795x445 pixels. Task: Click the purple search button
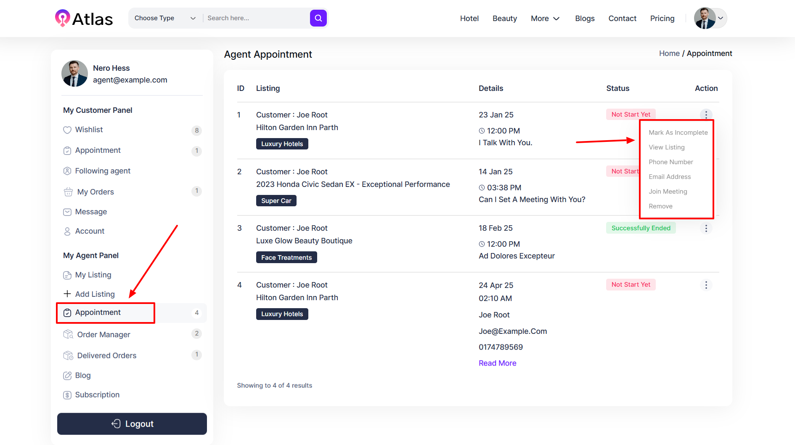318,18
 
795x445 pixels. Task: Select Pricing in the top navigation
662,19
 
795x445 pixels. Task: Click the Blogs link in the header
585,19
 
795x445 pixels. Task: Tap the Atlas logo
84,19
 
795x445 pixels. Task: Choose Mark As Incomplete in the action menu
678,133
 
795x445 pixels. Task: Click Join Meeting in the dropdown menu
668,192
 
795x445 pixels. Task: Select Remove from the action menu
660,206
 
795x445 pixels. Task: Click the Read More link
497,363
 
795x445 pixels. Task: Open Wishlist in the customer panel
89,130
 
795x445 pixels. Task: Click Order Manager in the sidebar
103,335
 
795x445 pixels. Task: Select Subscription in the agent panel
97,395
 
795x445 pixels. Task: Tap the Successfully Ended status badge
641,228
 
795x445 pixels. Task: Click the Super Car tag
276,201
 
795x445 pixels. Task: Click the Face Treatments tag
286,258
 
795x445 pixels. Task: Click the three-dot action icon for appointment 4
706,285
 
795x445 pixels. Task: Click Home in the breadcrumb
669,53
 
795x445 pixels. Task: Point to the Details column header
491,88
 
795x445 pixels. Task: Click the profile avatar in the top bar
705,18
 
